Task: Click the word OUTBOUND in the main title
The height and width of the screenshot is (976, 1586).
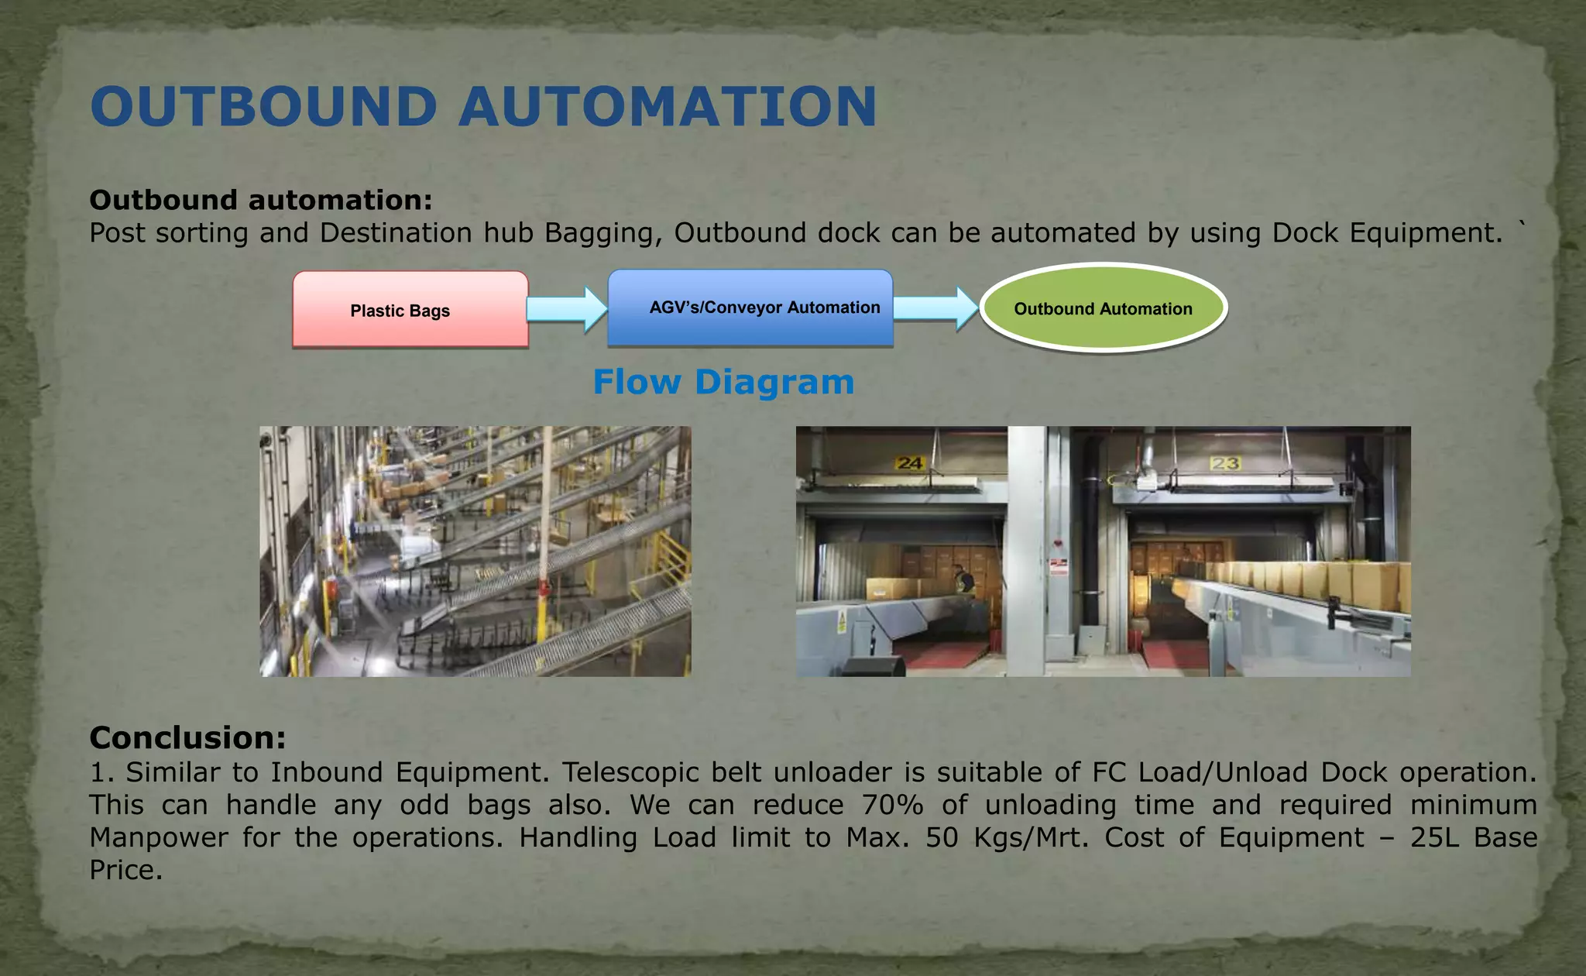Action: pos(264,107)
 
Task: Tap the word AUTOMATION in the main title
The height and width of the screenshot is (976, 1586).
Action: pos(668,107)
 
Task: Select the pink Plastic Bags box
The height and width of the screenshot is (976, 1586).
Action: pos(410,310)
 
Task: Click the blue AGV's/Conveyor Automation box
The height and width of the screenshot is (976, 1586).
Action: pos(750,308)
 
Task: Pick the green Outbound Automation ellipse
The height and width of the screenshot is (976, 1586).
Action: pos(1103,308)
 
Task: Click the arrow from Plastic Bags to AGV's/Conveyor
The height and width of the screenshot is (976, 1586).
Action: pos(567,309)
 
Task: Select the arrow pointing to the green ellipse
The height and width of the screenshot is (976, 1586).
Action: pos(935,308)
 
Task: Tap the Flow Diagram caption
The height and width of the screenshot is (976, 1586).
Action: pos(723,382)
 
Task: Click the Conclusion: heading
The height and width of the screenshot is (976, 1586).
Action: pos(187,737)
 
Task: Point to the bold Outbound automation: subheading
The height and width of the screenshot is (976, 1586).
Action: pos(260,200)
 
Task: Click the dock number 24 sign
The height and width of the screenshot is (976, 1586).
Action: pos(910,463)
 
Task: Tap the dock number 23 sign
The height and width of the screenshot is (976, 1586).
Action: pos(1225,463)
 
